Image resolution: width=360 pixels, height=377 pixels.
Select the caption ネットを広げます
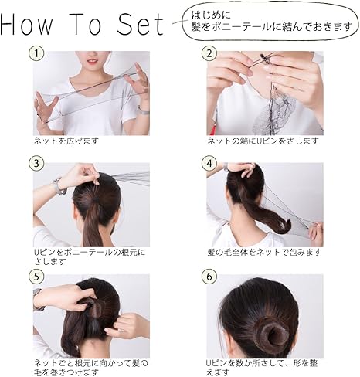(66, 142)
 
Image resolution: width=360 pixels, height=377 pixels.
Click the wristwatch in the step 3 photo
(59, 186)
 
